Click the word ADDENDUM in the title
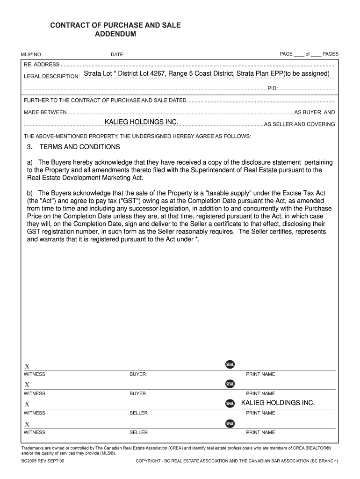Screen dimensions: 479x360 pyautogui.click(x=115, y=34)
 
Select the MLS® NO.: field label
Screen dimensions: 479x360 pyautogui.click(x=32, y=55)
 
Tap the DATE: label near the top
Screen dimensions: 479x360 pyautogui.click(x=117, y=55)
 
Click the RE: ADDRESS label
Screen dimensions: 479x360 pyautogui.click(x=42, y=65)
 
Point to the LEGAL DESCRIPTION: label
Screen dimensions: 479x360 pyautogui.click(x=51, y=77)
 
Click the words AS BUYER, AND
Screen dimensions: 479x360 pyautogui.click(x=314, y=112)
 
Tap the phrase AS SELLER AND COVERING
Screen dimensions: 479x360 pyautogui.click(x=299, y=124)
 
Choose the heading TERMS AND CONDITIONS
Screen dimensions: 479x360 pyautogui.click(x=79, y=147)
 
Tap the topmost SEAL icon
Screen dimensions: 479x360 pyautogui.click(x=230, y=364)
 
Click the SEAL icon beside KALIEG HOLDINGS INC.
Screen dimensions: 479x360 pyautogui.click(x=230, y=403)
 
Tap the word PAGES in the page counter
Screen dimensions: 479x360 pyautogui.click(x=331, y=54)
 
